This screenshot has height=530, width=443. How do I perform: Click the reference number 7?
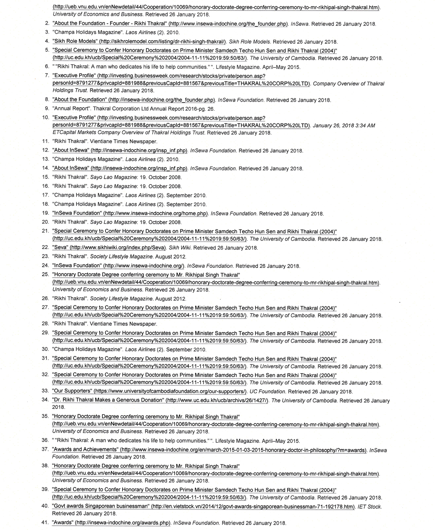tap(47, 75)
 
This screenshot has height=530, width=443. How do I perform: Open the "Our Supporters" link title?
tap(72, 391)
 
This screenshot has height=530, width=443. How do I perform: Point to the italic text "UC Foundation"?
tap(267, 391)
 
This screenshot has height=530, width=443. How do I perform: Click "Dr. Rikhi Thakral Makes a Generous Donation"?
tap(108, 400)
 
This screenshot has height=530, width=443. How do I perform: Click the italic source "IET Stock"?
tap(369, 507)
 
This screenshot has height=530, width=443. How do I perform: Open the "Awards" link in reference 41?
tap(63, 522)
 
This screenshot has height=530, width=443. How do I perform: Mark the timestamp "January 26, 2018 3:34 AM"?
tap(344, 125)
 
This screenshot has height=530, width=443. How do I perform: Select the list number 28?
tap(45, 323)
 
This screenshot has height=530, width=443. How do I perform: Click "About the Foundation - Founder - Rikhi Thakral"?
tap(110, 23)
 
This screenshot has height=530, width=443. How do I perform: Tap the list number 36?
tap(45, 440)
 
